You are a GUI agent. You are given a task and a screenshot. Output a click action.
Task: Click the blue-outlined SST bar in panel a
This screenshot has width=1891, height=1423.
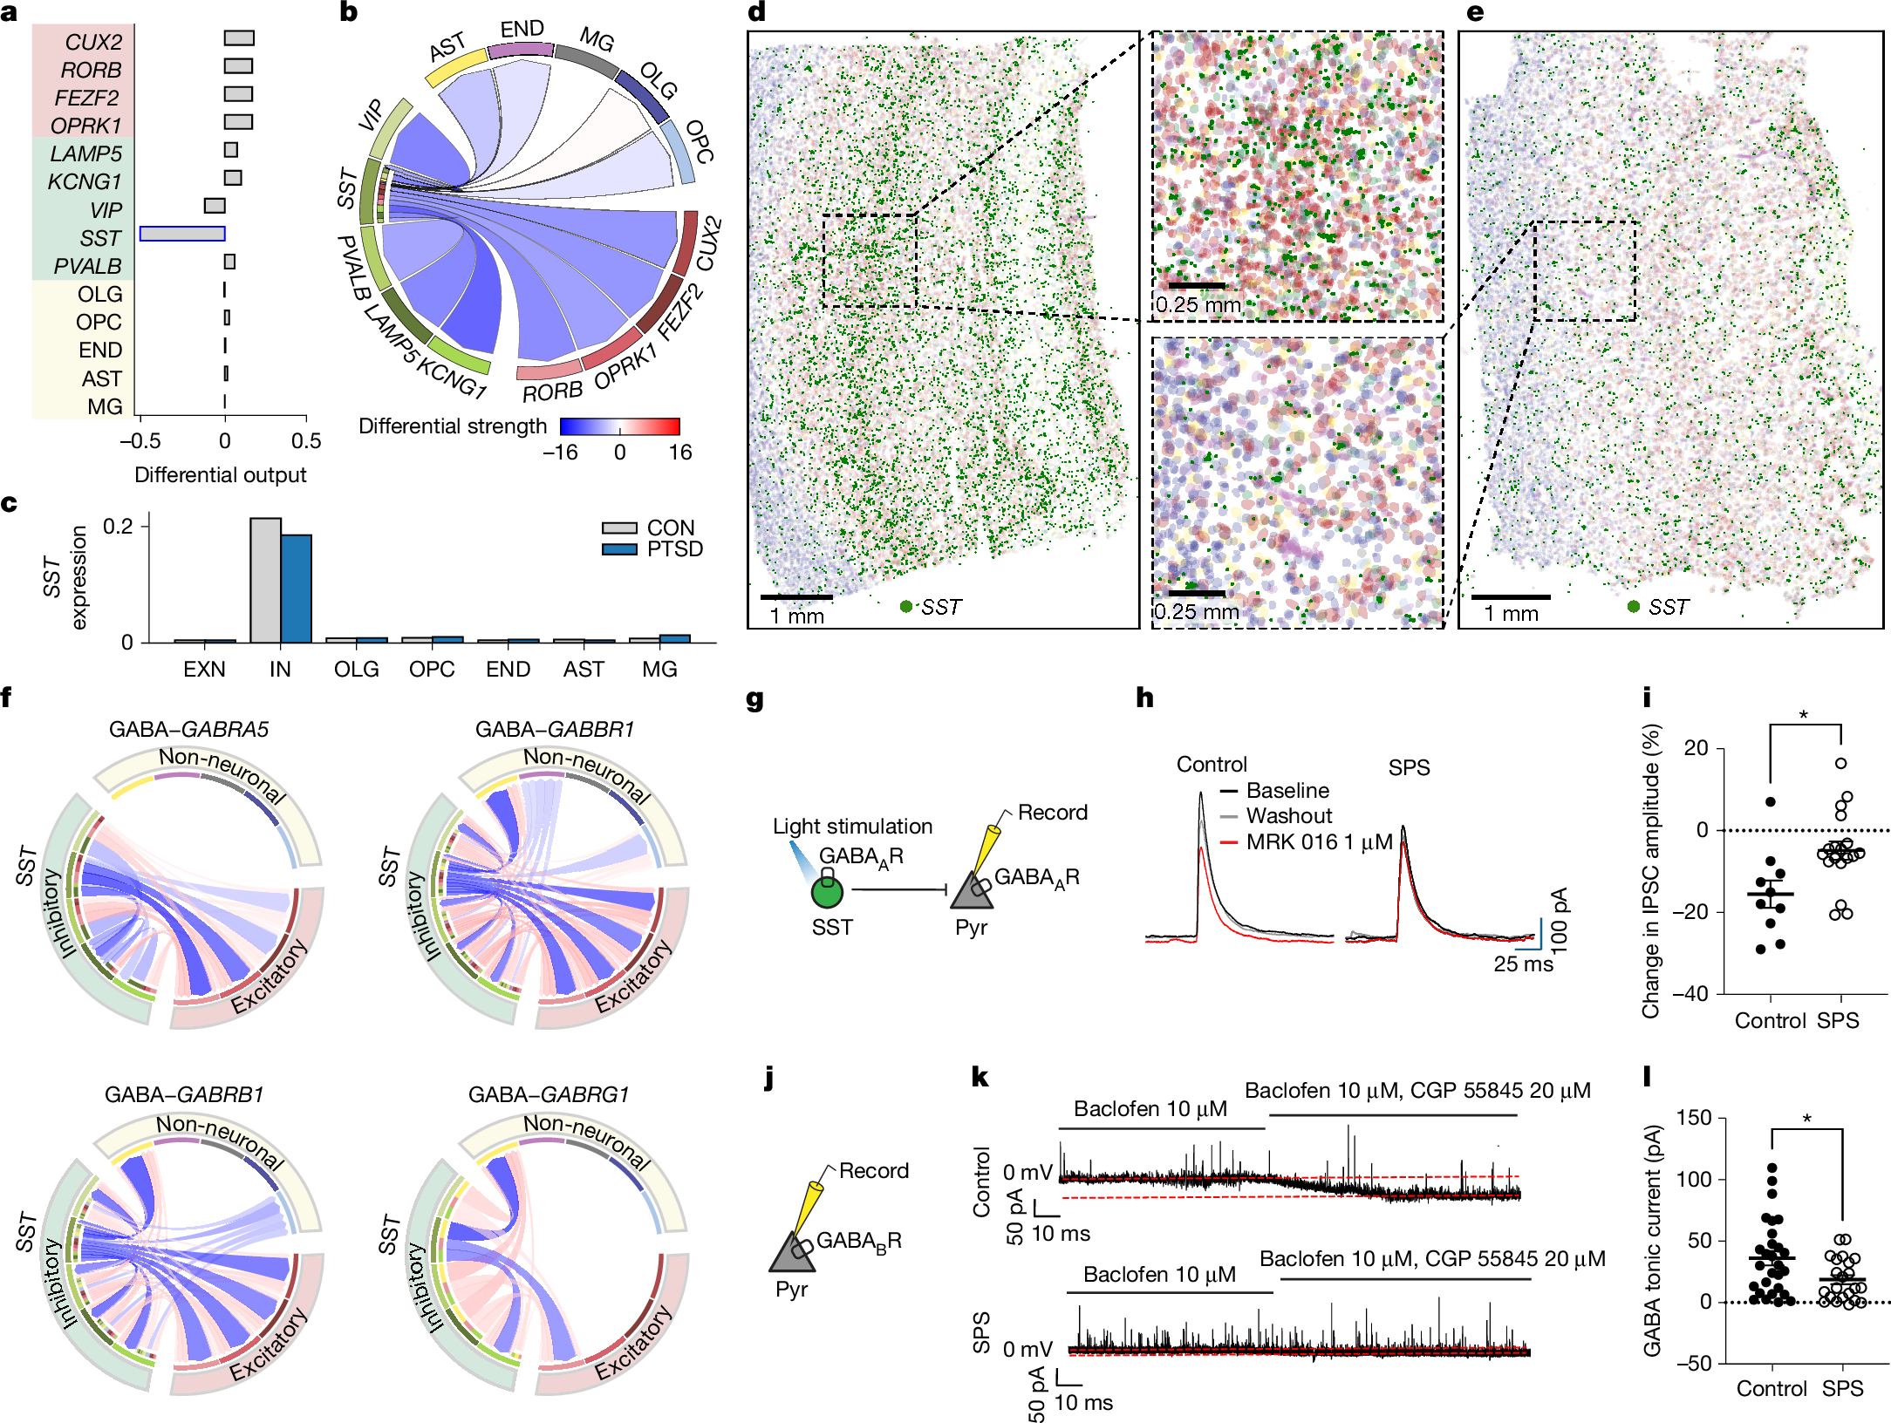[182, 234]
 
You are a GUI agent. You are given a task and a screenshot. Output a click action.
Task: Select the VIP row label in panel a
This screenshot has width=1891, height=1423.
[106, 210]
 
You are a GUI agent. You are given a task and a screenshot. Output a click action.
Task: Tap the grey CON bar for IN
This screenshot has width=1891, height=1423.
[265, 580]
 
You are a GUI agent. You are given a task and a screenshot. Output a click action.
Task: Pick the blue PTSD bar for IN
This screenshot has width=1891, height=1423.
[297, 589]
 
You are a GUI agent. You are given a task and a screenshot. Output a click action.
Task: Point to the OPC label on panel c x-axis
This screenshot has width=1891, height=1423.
[432, 669]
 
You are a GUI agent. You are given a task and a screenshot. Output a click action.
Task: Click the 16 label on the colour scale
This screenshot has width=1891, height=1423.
[680, 452]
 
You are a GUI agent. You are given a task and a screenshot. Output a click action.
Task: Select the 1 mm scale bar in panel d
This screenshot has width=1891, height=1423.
[795, 597]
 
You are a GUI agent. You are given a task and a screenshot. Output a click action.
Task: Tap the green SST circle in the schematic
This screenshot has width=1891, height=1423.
[827, 893]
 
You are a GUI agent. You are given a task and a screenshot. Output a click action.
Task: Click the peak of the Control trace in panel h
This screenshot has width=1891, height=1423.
[1201, 793]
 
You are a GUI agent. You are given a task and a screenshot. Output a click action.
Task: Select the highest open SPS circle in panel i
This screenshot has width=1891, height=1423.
[1840, 763]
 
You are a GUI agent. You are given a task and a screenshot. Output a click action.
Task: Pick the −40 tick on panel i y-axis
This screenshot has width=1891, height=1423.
[1696, 994]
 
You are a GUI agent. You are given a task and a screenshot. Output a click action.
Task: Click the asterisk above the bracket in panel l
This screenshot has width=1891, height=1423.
[1806, 1119]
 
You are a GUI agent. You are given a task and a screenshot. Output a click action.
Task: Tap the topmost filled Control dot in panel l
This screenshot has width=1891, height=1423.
[1772, 1167]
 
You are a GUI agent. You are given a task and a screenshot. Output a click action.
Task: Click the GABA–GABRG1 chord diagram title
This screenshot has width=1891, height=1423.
[548, 1094]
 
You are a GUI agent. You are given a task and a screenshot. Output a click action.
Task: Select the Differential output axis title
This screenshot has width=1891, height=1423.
[220, 475]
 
